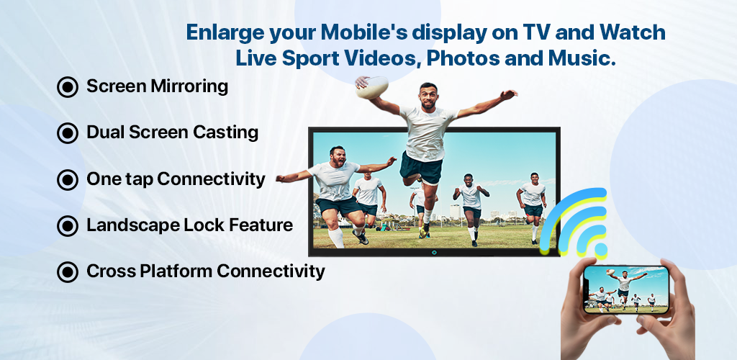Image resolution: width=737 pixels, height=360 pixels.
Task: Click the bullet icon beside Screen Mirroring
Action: point(67,87)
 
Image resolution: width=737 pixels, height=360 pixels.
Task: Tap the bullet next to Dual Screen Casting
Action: point(67,133)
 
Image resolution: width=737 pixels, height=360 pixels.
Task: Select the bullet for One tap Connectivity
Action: point(67,179)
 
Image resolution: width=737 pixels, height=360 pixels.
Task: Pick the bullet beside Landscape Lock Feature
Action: point(67,226)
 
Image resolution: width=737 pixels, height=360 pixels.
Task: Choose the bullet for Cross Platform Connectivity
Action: point(67,272)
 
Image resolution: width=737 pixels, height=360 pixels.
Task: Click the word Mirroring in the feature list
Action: point(189,87)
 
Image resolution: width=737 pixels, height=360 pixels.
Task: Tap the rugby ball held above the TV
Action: point(372,87)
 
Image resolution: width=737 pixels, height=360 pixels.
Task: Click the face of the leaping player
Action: point(428,97)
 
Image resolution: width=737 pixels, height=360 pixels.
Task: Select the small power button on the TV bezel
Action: point(434,253)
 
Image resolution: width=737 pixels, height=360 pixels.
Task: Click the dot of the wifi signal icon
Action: point(601,248)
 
